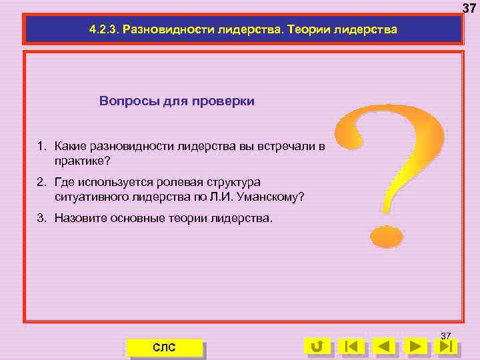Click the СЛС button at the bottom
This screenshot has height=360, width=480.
164,347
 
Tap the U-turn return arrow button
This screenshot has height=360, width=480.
318,346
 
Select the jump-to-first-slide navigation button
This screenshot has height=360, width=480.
351,346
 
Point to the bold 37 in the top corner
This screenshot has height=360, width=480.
469,8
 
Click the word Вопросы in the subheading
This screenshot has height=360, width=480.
126,101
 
